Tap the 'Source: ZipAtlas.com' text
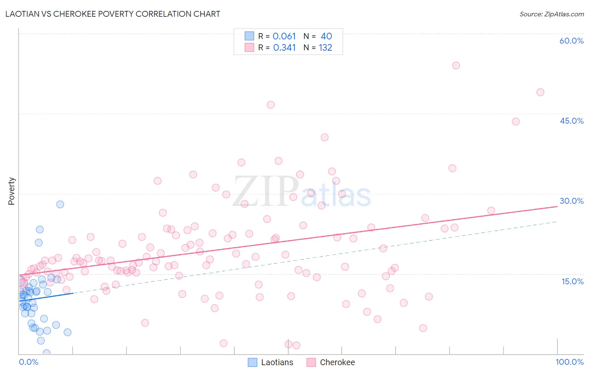pyautogui.click(x=551, y=14)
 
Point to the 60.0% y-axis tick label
pyautogui.click(x=571, y=41)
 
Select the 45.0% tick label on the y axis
pyautogui.click(x=571, y=121)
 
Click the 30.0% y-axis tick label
pyautogui.click(x=571, y=201)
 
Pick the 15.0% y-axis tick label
pyautogui.click(x=572, y=281)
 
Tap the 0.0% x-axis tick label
pyautogui.click(x=28, y=362)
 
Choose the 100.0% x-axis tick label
pyautogui.click(x=569, y=362)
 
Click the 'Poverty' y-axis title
pyautogui.click(x=11, y=191)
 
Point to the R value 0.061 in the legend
pyautogui.click(x=284, y=36)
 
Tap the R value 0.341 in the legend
pyautogui.click(x=284, y=48)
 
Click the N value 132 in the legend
pyautogui.click(x=325, y=48)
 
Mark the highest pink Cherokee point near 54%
pyautogui.click(x=456, y=65)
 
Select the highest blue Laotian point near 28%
pyautogui.click(x=60, y=204)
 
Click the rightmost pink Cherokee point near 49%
pyautogui.click(x=540, y=92)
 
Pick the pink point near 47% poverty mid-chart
pyautogui.click(x=271, y=105)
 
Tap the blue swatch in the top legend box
pyautogui.click(x=249, y=36)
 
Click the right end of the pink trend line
pyautogui.click(x=558, y=206)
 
